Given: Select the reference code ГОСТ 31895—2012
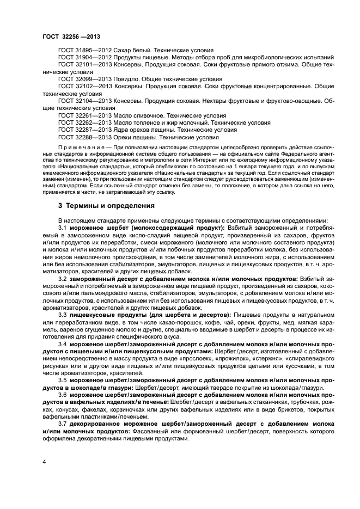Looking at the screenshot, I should pos(81,50).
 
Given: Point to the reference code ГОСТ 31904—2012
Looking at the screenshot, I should pos(81,57).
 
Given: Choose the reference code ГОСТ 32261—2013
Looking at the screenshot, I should pos(81,116).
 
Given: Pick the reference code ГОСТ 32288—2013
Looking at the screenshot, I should pos(81,138).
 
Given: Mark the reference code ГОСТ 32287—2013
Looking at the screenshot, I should pos(81,131).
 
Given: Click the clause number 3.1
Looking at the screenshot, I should pos(63,227).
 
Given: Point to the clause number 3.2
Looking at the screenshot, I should pos(63,279).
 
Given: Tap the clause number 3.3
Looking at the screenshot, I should pos(63,315).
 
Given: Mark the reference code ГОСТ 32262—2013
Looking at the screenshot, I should pos(81,123).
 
